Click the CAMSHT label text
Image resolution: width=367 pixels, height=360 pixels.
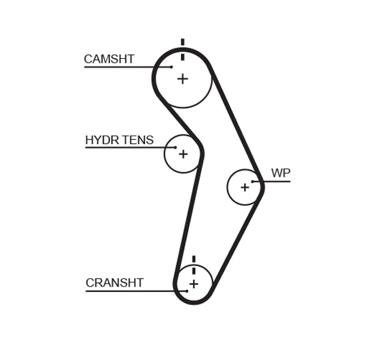point(109,59)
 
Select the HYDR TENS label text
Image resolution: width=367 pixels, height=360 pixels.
point(119,140)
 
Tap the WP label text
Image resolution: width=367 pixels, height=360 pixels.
point(281,173)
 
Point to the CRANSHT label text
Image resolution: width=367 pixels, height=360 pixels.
point(114,283)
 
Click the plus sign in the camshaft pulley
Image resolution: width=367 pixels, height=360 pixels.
point(182,79)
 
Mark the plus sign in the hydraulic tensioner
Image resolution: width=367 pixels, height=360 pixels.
point(183,154)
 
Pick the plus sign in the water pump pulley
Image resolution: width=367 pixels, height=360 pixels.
point(245,187)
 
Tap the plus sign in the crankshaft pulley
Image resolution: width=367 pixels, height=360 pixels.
point(193,284)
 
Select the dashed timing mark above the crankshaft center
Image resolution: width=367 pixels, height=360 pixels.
point(193,265)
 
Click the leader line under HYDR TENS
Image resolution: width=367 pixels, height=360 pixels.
point(128,147)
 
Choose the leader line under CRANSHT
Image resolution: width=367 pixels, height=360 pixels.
point(135,291)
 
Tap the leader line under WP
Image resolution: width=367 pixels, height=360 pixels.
point(272,181)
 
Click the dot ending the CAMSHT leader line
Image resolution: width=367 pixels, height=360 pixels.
point(172,67)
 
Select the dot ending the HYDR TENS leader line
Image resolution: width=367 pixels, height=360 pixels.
point(176,147)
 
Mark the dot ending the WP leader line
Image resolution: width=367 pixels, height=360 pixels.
point(253,181)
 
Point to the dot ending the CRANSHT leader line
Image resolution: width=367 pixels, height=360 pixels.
point(187,291)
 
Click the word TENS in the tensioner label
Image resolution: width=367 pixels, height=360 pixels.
point(138,140)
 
